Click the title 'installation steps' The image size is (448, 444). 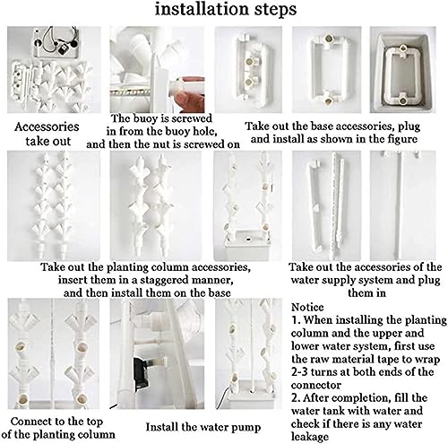click(x=226, y=10)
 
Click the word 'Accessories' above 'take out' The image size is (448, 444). click(x=47, y=126)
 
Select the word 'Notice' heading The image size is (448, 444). click(x=307, y=308)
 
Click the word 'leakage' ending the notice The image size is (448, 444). click(x=310, y=437)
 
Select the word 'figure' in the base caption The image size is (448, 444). click(x=401, y=139)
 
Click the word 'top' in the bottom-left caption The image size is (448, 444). click(x=93, y=422)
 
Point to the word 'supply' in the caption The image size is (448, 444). click(x=340, y=281)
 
